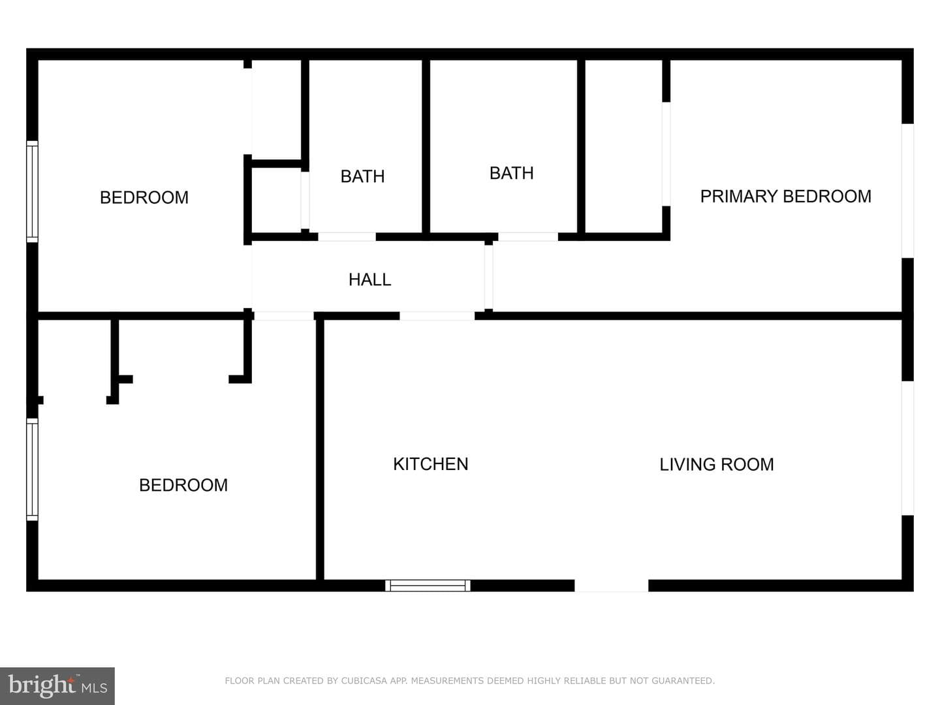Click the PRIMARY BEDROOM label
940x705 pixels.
tap(785, 196)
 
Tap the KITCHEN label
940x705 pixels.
tap(430, 464)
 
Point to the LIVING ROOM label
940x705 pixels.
tap(717, 464)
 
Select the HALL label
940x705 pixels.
tap(369, 279)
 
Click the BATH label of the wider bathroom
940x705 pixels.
tap(511, 174)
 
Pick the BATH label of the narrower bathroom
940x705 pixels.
tap(362, 176)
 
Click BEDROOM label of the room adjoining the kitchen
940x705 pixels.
tap(183, 485)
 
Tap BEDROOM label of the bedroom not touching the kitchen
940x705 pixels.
tap(144, 197)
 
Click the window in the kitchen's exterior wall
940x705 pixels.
tap(428, 586)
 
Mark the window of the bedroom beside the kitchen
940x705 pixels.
tap(32, 469)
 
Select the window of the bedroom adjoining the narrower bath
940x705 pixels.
tap(32, 191)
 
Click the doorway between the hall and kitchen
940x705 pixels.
tap(437, 316)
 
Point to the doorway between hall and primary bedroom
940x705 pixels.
tap(489, 277)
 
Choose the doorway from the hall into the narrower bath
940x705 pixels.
tap(347, 237)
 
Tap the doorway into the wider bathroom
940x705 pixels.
tap(528, 237)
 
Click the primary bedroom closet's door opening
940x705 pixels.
tap(666, 154)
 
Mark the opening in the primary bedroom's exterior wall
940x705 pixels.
tap(907, 191)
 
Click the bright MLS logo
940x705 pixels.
tap(57, 685)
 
